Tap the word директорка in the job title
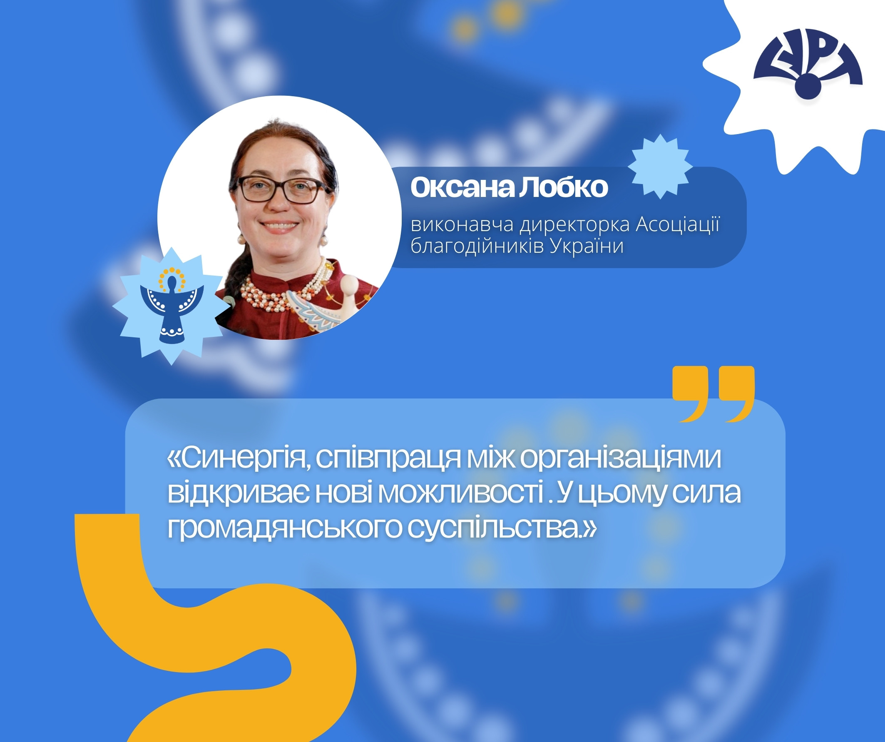574,225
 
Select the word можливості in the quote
462,493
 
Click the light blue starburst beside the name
660,166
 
